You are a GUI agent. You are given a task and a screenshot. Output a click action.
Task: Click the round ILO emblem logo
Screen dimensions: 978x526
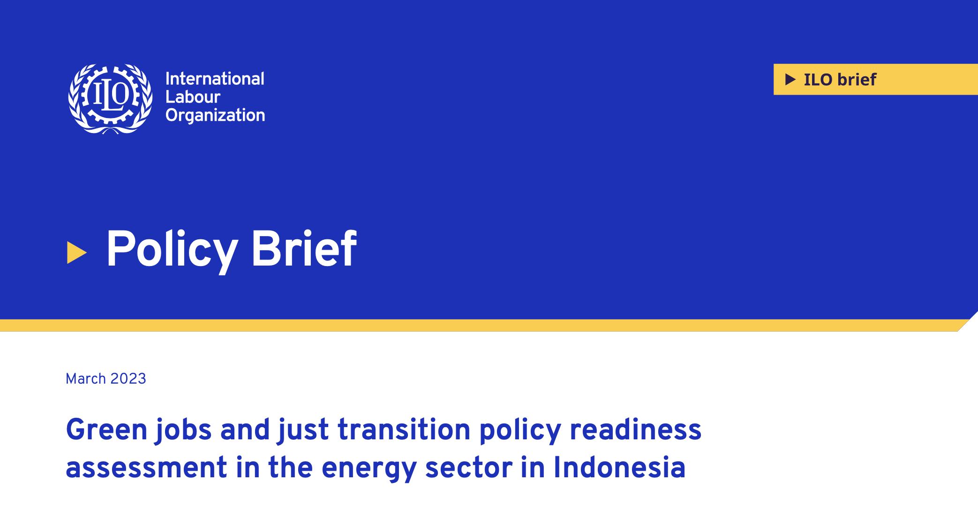point(110,99)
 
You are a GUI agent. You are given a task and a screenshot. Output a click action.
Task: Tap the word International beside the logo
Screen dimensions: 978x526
point(215,79)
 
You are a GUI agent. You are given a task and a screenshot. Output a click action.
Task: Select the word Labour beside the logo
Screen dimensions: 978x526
point(193,97)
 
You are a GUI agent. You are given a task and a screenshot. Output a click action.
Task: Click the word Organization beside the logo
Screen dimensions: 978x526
point(215,115)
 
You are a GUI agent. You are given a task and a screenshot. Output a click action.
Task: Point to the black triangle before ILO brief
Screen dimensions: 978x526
point(790,79)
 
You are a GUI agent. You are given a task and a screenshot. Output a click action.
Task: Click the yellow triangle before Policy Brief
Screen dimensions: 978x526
point(77,253)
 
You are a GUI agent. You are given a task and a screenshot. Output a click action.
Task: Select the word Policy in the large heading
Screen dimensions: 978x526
point(172,250)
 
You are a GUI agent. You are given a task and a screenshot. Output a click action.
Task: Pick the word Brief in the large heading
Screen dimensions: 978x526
point(304,248)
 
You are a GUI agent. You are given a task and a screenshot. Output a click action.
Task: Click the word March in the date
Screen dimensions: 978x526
point(86,378)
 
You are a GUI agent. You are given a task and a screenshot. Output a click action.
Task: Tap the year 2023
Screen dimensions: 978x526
point(128,378)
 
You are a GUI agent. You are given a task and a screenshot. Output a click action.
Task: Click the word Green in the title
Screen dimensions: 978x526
point(107,430)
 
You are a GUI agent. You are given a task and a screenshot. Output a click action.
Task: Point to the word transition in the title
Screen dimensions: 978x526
point(404,430)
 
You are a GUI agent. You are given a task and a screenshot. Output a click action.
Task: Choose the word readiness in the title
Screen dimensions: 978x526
point(636,430)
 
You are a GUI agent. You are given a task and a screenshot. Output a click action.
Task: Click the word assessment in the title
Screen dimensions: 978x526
point(146,467)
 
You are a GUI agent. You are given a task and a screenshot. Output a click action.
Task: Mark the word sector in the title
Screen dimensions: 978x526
point(469,467)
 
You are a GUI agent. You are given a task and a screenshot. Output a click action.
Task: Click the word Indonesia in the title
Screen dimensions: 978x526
point(619,467)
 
